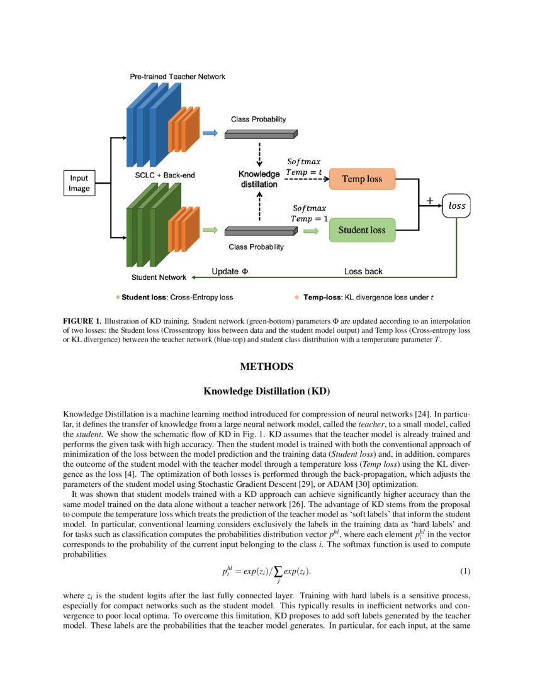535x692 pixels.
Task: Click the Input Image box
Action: click(x=79, y=182)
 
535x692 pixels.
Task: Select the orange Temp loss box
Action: click(x=361, y=179)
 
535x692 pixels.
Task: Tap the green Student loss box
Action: click(x=361, y=230)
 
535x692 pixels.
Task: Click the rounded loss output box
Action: click(x=456, y=205)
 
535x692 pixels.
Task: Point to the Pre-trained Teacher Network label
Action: click(x=177, y=77)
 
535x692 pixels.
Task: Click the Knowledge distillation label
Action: click(x=258, y=179)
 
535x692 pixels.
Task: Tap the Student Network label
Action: click(x=159, y=277)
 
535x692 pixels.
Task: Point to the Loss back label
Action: click(x=363, y=272)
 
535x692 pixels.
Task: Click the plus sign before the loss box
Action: click(x=431, y=201)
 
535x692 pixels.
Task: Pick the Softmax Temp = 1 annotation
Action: click(x=310, y=213)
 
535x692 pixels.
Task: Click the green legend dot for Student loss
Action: click(x=117, y=296)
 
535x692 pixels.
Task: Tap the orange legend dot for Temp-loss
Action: click(x=296, y=296)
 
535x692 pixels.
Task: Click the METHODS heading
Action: click(x=267, y=366)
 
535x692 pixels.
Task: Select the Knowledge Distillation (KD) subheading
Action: click(x=267, y=391)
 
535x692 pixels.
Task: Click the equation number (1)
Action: click(x=465, y=571)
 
